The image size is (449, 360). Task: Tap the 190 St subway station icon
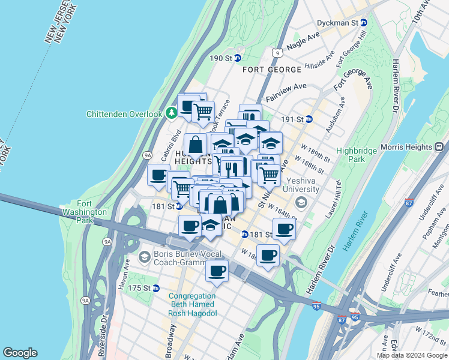pyautogui.click(x=237, y=58)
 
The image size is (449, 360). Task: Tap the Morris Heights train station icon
pyautogui.click(x=439, y=146)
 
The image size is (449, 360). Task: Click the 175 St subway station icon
pyautogui.click(x=156, y=289)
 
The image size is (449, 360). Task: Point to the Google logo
pyautogui.click(x=20, y=353)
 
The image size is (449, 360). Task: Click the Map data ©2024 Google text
pyautogui.click(x=412, y=355)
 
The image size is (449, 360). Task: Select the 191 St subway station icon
pyautogui.click(x=309, y=119)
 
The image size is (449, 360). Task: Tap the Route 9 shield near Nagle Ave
pyautogui.click(x=276, y=53)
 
